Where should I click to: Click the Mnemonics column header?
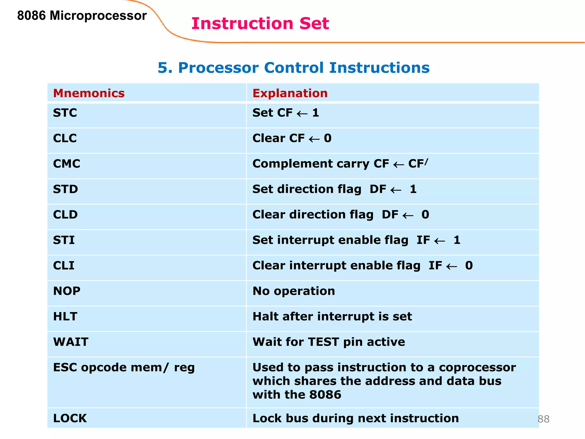tap(89, 93)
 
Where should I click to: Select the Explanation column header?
tap(290, 93)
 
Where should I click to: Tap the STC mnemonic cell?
tap(65, 113)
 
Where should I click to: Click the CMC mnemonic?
tap(67, 164)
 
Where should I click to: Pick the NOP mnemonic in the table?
tap(67, 291)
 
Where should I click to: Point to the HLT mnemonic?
tap(65, 316)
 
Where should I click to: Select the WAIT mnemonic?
tap(71, 342)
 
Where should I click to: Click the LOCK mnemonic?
tap(70, 418)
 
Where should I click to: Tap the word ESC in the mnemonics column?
tap(65, 368)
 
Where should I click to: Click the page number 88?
tap(543, 419)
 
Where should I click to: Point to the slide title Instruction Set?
tap(260, 23)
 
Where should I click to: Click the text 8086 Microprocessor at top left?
tap(82, 15)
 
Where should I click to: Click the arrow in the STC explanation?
tap(302, 114)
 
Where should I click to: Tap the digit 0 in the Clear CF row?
tap(328, 138)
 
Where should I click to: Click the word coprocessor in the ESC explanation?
tap(477, 368)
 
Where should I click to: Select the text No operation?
tap(294, 291)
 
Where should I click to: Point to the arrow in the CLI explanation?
tap(452, 266)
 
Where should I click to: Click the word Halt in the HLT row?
tap(265, 316)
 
